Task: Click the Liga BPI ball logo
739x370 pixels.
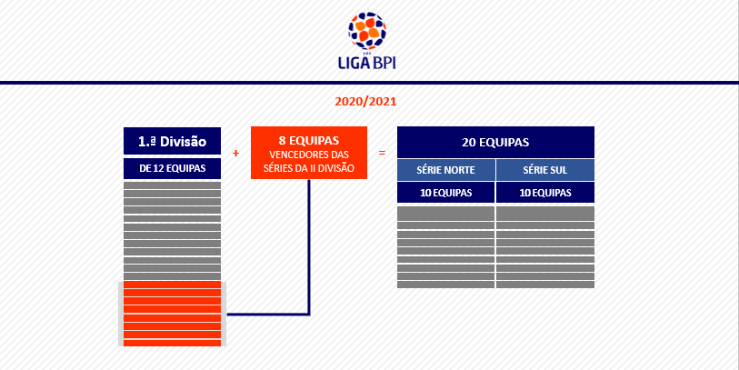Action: point(367,31)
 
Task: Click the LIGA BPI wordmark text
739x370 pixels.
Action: point(367,63)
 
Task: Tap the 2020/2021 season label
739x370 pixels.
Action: point(365,101)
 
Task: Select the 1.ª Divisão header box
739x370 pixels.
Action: point(172,141)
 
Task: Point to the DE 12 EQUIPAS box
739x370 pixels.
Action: point(172,168)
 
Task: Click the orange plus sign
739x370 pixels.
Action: point(236,154)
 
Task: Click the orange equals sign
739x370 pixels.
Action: point(382,154)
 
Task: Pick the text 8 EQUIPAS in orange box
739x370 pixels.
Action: point(309,141)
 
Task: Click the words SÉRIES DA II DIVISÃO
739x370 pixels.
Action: point(309,168)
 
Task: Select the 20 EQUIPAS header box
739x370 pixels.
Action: point(495,143)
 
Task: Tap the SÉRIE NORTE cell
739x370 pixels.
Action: point(445,170)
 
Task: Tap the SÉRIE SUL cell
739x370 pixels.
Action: point(545,170)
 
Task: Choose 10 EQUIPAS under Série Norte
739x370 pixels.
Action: point(445,193)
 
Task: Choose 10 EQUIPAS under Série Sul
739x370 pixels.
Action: point(545,193)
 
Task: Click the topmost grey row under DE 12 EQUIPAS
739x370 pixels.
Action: point(172,185)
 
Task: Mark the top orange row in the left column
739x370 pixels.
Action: point(172,285)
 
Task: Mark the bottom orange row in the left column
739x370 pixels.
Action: point(172,343)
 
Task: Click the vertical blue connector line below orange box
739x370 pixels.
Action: point(309,247)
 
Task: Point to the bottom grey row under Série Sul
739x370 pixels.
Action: point(545,285)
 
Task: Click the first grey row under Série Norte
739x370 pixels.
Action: point(445,214)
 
